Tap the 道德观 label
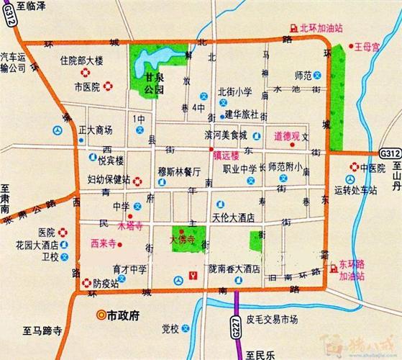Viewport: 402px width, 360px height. [285, 135]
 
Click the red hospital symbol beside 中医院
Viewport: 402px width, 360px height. [354, 168]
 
